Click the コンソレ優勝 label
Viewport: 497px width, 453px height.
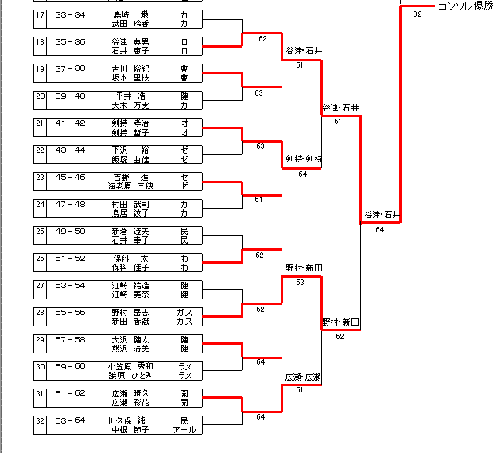(x=465, y=6)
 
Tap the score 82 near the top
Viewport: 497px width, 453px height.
(x=417, y=14)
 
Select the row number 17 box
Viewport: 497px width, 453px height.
(x=41, y=14)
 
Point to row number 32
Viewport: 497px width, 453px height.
(x=41, y=420)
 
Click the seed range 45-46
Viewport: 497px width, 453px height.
(x=70, y=177)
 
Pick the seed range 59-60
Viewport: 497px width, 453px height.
(x=70, y=366)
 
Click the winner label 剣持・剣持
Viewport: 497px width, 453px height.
(x=303, y=159)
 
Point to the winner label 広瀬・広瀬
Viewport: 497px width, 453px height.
(x=303, y=377)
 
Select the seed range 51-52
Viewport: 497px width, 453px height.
(x=70, y=258)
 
